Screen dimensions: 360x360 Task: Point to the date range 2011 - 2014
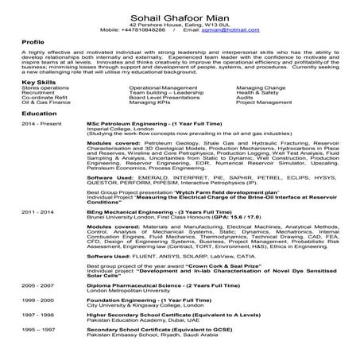click(38, 214)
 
